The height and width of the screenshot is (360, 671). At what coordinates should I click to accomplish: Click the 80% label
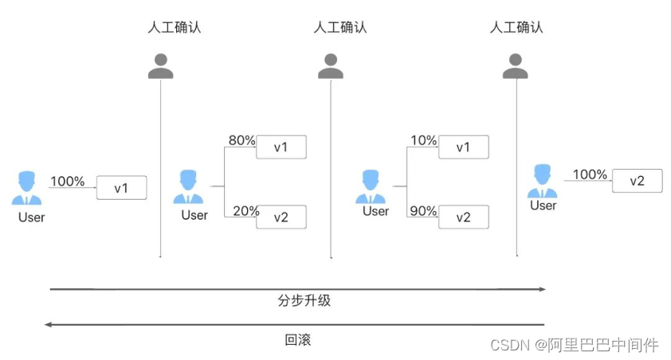[241, 141]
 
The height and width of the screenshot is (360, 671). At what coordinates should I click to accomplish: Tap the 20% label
[246, 211]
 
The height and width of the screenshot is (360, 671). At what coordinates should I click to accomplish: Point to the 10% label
[423, 141]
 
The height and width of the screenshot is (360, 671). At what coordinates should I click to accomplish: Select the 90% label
[423, 211]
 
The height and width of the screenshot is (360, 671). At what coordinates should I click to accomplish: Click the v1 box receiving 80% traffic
[281, 147]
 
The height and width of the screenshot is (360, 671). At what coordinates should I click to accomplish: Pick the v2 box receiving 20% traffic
[281, 217]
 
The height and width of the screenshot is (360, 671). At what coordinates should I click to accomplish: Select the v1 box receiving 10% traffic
[463, 147]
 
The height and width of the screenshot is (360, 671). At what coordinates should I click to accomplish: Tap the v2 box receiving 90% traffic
[463, 217]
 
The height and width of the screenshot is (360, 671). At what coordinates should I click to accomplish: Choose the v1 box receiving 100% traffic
[121, 188]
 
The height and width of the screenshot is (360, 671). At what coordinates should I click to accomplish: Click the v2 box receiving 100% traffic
[638, 181]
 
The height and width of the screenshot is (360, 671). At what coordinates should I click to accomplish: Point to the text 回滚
[297, 340]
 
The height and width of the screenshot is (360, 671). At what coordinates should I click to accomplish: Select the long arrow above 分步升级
[297, 289]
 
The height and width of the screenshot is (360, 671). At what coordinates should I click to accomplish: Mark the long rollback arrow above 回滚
[295, 325]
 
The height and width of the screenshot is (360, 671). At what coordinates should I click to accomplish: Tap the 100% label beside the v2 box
[590, 174]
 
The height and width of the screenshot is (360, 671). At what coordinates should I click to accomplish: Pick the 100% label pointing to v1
[67, 182]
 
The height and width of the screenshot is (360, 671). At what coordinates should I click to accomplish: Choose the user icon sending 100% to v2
[543, 181]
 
